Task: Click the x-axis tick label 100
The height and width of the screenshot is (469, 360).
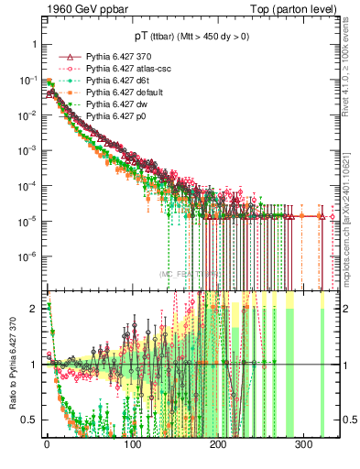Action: tap(132, 446)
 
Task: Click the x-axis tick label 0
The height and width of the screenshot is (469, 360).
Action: tap(47, 446)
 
